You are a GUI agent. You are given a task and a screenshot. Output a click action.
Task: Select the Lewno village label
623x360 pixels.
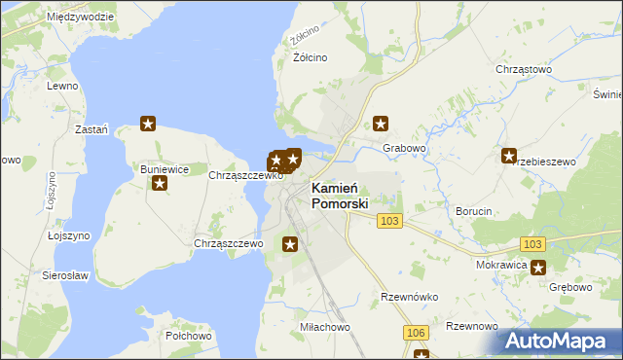pyautogui.click(x=62, y=86)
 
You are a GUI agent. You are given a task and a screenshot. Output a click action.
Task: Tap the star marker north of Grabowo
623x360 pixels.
pyautogui.click(x=382, y=124)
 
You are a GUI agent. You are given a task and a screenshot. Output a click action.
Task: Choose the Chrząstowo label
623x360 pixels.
pyautogui.click(x=524, y=69)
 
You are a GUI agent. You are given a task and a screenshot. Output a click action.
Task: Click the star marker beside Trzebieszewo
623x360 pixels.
pyautogui.click(x=508, y=156)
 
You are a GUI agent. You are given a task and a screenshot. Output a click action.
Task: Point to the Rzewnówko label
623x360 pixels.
pyautogui.click(x=410, y=297)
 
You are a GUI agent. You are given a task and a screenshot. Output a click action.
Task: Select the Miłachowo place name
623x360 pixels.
pyautogui.click(x=324, y=327)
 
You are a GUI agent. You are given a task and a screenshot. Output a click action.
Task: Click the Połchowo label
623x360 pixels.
pyautogui.click(x=188, y=335)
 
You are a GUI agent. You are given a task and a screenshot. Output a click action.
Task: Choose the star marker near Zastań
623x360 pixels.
pyautogui.click(x=148, y=124)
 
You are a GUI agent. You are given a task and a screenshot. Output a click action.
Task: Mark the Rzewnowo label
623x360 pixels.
pyautogui.click(x=471, y=326)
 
